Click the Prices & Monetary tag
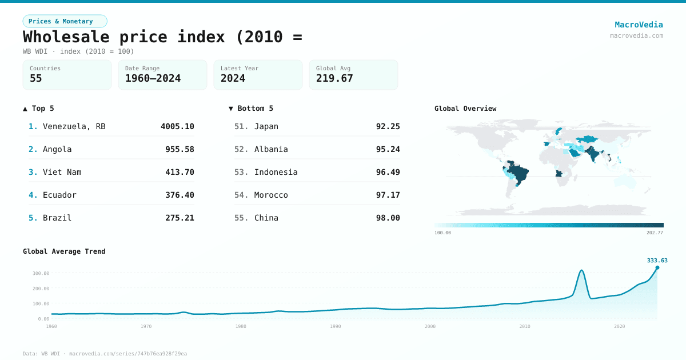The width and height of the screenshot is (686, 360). tap(65, 21)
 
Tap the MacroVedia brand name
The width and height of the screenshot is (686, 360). tap(639, 25)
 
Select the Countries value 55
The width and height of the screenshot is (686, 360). tap(36, 78)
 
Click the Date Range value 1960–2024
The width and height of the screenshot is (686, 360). tap(153, 78)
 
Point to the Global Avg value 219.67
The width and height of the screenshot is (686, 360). tap(334, 78)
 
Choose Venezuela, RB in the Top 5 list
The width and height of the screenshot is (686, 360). tap(74, 126)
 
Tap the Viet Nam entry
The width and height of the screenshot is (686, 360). tap(62, 172)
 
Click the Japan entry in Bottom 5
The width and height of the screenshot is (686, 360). tap(266, 126)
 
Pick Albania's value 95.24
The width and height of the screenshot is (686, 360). tap(388, 149)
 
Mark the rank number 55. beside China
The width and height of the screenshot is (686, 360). tap(241, 218)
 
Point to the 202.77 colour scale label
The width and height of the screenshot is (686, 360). tap(654, 233)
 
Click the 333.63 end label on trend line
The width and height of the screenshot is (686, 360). tap(657, 261)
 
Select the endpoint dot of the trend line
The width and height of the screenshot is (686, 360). tap(657, 267)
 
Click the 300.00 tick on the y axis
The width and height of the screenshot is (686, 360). tap(41, 273)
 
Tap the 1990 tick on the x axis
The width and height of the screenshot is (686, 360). tap(335, 326)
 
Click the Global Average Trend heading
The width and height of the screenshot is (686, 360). tap(64, 251)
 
